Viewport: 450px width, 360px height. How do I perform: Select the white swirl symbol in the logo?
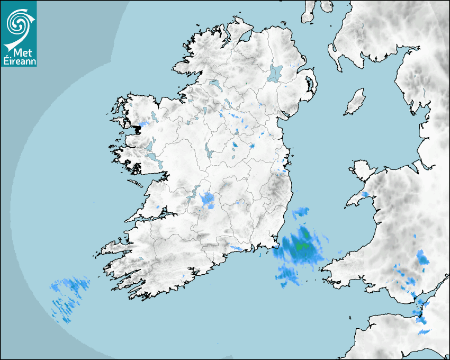tap(19, 23)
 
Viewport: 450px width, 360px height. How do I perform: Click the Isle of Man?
tap(355, 102)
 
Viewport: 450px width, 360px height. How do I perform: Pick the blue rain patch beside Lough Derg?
tap(207, 199)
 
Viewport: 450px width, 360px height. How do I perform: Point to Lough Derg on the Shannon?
tap(194, 194)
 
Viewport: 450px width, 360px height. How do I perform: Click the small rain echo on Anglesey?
tap(365, 194)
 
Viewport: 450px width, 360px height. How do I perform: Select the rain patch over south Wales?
tap(422, 257)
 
